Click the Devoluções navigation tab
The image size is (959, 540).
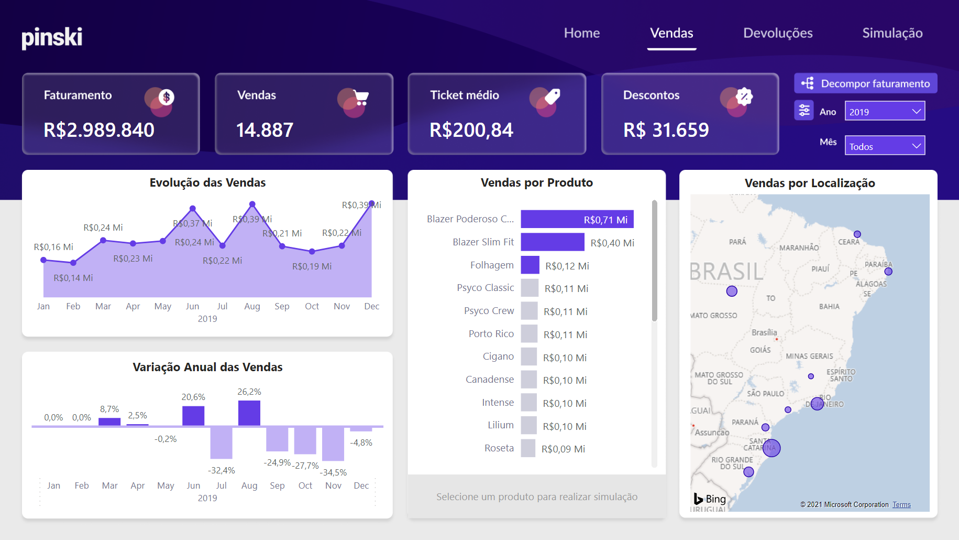pos(778,33)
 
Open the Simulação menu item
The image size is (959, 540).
pos(892,33)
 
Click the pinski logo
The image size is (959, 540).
pos(52,37)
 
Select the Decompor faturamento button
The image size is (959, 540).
pos(866,83)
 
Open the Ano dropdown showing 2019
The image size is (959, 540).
pos(885,111)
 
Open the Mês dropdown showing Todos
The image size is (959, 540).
pos(885,146)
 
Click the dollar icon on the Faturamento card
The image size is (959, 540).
pos(166,97)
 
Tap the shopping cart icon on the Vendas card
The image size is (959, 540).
pos(360,98)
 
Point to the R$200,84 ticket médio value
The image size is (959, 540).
pos(471,130)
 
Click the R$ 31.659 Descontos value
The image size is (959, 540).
pos(666,130)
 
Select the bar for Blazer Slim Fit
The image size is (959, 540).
pos(552,242)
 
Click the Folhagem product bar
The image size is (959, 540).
pos(530,265)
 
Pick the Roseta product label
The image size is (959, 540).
pos(499,448)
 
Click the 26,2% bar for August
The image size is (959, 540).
pos(249,413)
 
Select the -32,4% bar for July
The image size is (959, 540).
pos(222,442)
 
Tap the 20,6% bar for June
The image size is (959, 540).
pos(193,416)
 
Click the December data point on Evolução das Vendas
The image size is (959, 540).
pos(372,203)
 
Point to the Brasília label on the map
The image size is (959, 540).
pos(764,332)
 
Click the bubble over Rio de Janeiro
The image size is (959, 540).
pos(817,404)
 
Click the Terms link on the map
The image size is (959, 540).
pos(901,505)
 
